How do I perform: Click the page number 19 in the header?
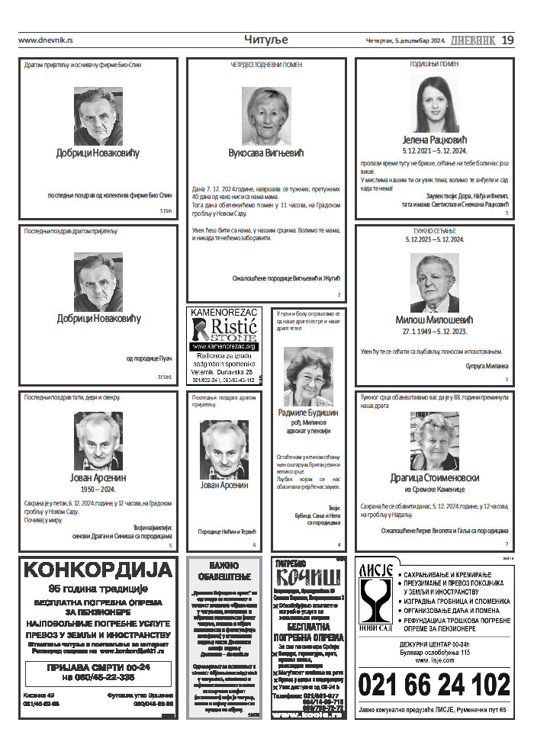508,40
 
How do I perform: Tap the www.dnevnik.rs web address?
45,40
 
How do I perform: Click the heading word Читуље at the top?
265,39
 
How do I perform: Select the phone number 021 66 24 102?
434,685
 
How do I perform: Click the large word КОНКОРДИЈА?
98,570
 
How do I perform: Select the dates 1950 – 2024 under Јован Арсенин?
98,489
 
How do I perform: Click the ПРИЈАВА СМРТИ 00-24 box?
98,672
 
